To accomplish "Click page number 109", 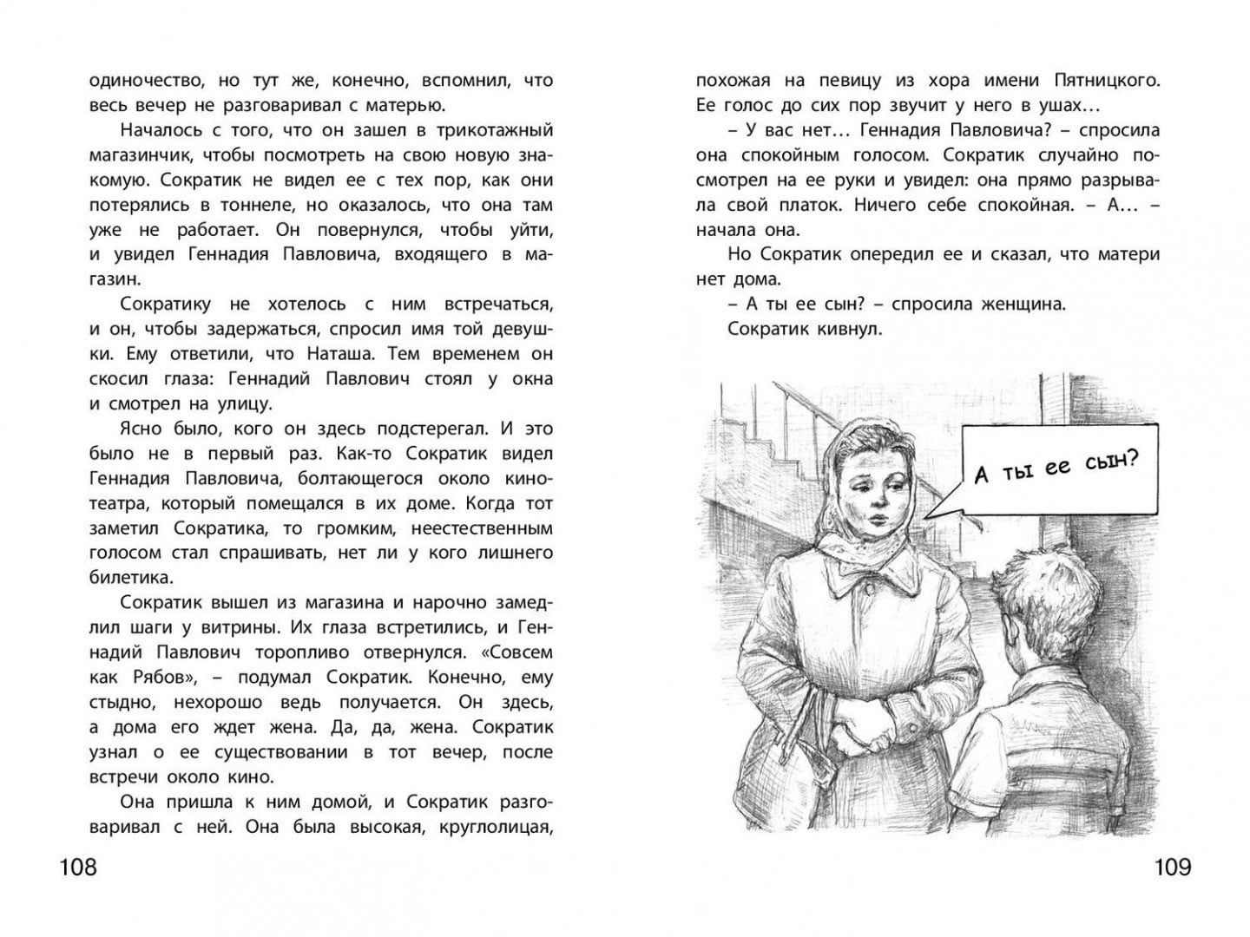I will (x=1172, y=867).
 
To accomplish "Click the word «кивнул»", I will (x=847, y=330).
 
